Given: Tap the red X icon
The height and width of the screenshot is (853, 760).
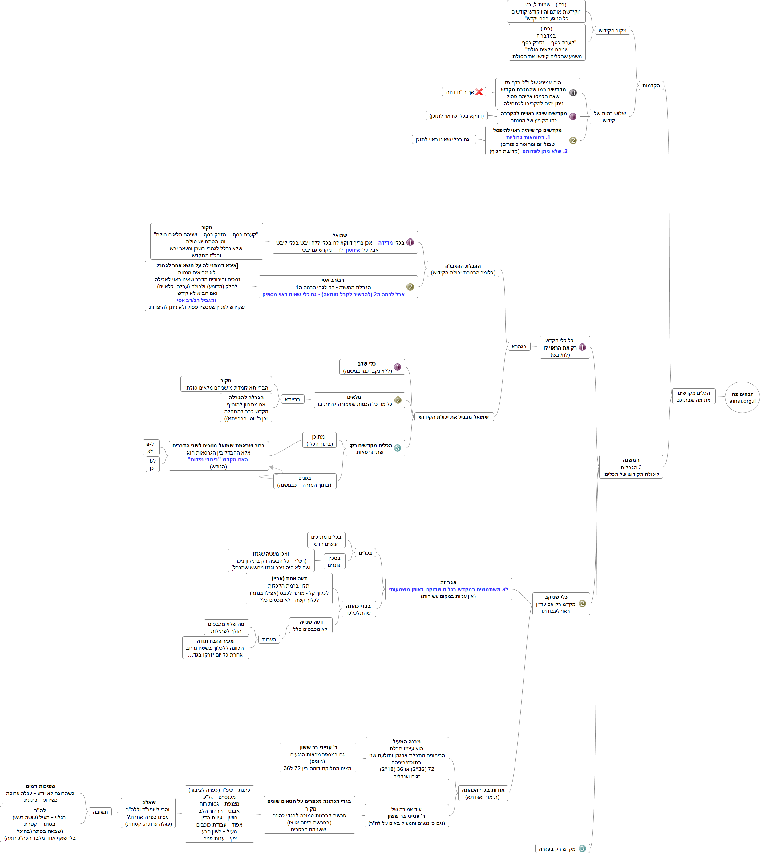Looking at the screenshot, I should click(479, 92).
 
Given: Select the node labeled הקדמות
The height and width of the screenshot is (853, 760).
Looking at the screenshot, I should click(651, 86).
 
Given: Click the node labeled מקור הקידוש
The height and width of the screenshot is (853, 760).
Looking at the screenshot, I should click(612, 30).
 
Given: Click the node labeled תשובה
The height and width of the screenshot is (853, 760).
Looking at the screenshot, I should click(100, 812).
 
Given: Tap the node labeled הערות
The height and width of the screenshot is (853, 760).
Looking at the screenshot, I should click(269, 639).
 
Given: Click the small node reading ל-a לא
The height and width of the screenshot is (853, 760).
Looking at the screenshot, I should click(150, 447).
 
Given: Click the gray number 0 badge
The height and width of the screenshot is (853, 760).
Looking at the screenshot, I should click(573, 93).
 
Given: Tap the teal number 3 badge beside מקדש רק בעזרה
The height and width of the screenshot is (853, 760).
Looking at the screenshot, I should click(582, 848).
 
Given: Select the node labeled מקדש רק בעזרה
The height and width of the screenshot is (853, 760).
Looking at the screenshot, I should click(557, 848).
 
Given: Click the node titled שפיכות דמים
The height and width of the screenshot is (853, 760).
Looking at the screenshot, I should click(41, 793).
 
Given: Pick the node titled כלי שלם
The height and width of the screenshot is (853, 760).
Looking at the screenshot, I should click(372, 367).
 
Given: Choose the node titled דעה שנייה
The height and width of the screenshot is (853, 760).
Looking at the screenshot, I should click(311, 625).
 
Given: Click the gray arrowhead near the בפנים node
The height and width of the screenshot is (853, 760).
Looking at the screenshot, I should click(271, 467).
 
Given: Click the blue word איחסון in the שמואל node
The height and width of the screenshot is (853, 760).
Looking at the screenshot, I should click(353, 250).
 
